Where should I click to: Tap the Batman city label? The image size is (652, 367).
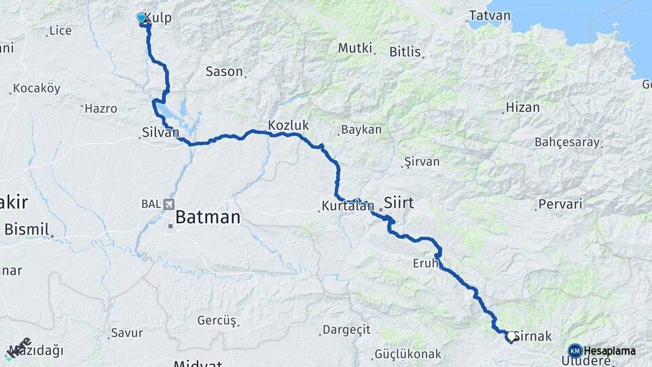pyautogui.click(x=208, y=217)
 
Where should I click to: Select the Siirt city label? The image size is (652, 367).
pyautogui.click(x=399, y=202)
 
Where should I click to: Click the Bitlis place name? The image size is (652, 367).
pyautogui.click(x=405, y=52)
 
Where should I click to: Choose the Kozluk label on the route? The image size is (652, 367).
pyautogui.click(x=288, y=126)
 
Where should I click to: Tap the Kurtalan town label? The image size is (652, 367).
pyautogui.click(x=348, y=206)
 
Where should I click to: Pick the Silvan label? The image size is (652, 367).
pyautogui.click(x=160, y=133)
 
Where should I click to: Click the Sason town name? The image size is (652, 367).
pyautogui.click(x=223, y=71)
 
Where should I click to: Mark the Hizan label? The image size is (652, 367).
pyautogui.click(x=522, y=107)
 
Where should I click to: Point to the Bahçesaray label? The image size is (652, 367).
pyautogui.click(x=567, y=143)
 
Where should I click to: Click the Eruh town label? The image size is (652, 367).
pyautogui.click(x=424, y=263)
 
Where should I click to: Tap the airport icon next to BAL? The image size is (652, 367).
pyautogui.click(x=168, y=204)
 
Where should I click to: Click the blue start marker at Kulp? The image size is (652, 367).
pyautogui.click(x=141, y=18)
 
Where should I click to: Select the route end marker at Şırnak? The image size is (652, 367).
pyautogui.click(x=509, y=335)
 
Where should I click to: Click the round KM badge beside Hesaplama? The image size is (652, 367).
pyautogui.click(x=575, y=351)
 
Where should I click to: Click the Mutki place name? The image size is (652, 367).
pyautogui.click(x=355, y=48)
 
